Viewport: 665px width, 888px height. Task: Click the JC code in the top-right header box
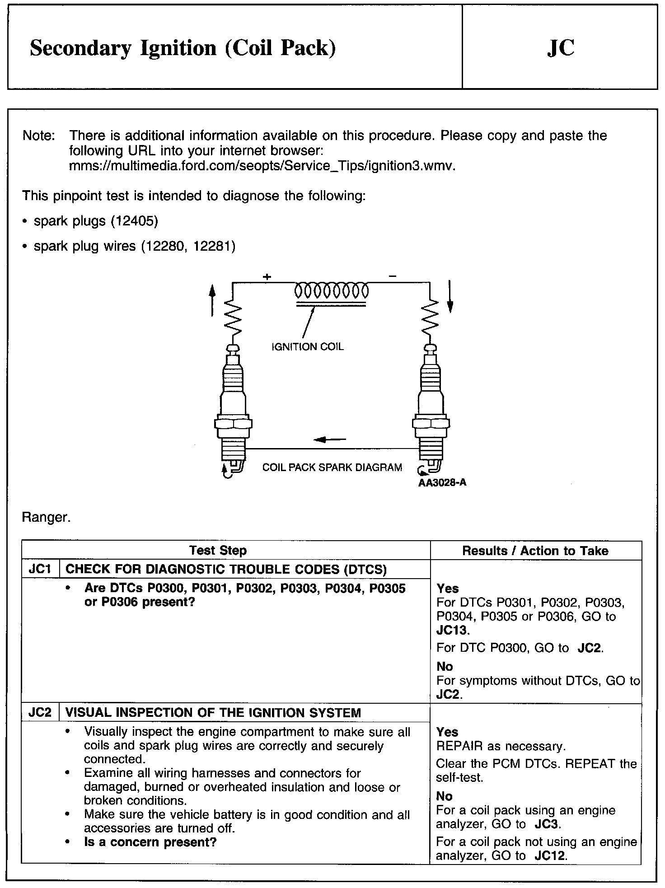561,48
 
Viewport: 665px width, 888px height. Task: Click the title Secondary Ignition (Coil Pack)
183,48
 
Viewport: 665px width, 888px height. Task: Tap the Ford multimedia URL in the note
262,166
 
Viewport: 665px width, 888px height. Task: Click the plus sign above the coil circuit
267,276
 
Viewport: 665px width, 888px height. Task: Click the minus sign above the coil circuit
393,276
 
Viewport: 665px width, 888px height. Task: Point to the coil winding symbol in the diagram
331,291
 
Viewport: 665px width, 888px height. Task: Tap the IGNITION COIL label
307,347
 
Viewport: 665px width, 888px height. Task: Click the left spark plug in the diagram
233,407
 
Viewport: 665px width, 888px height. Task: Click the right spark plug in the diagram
431,407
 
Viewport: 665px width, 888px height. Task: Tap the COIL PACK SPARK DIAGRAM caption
332,467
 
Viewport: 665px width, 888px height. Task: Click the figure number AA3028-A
442,482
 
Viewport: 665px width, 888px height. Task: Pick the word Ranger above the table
46,517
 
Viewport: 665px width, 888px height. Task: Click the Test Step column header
218,551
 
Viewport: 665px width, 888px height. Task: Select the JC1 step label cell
40,569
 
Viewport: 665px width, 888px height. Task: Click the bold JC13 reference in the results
453,630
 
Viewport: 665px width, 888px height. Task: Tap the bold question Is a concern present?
150,842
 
